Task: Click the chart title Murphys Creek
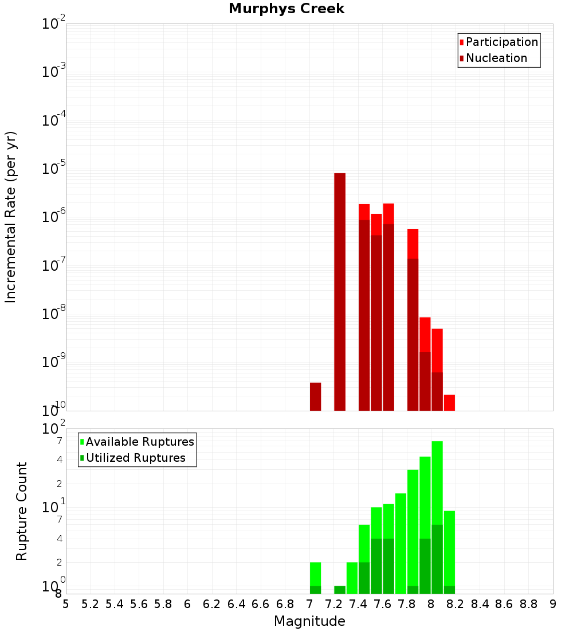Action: tap(286, 9)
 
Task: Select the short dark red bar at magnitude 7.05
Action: tap(315, 396)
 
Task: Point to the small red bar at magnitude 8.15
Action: tap(449, 403)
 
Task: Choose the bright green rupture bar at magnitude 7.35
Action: tap(352, 578)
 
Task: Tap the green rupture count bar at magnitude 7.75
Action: tap(401, 543)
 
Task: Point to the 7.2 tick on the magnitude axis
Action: tap(334, 604)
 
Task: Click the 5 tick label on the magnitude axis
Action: tap(66, 604)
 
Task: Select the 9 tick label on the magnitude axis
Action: tap(553, 604)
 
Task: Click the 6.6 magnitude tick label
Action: tap(261, 604)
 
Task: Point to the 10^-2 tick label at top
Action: tap(54, 25)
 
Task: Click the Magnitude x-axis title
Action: tap(309, 621)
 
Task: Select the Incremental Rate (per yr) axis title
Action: tap(11, 217)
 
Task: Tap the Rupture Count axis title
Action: tap(22, 511)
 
